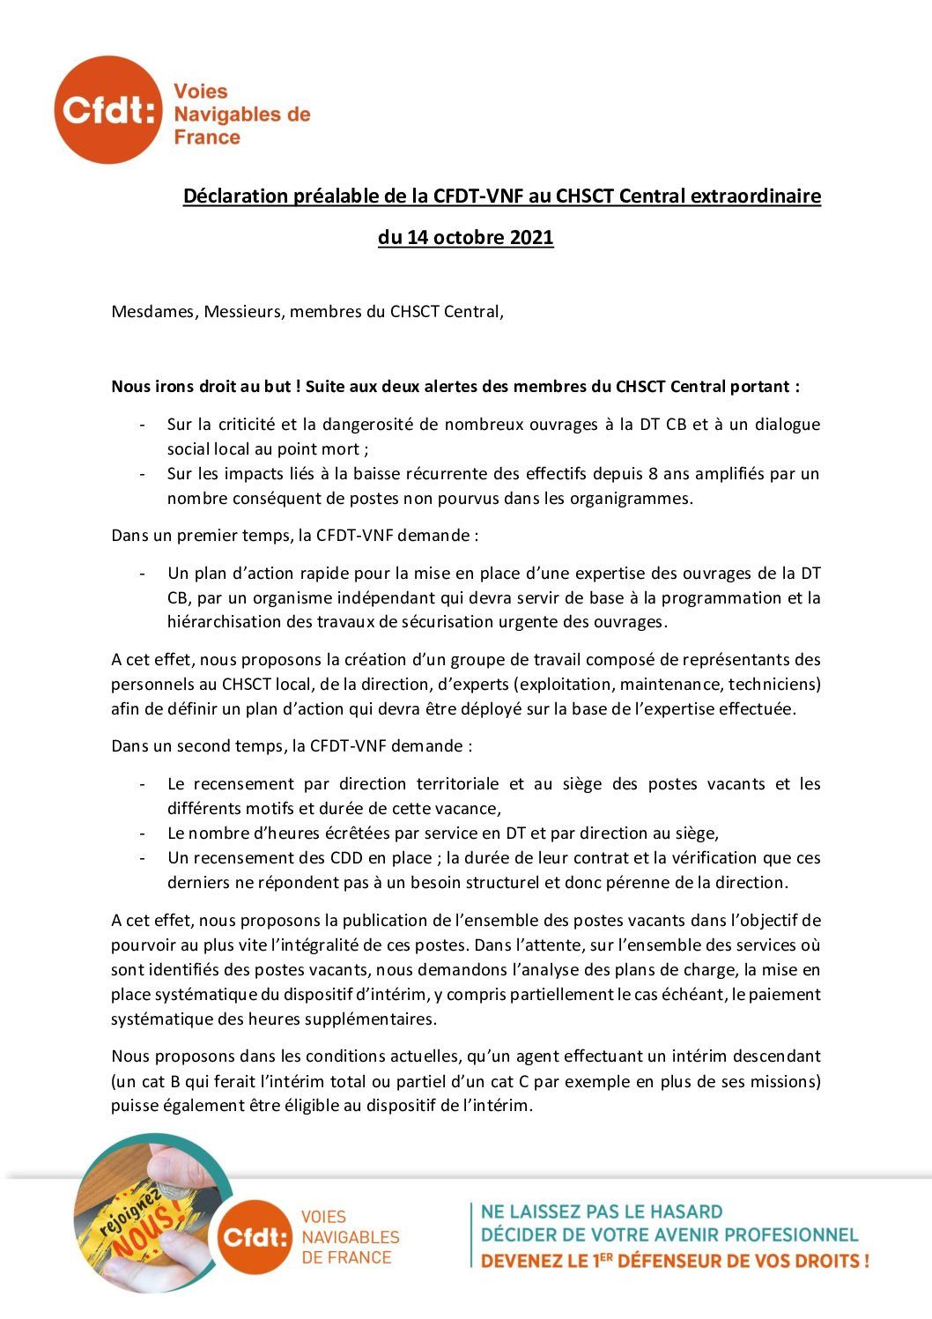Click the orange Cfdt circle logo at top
tap(107, 109)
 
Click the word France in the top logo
tap(207, 137)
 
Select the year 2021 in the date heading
tap(531, 238)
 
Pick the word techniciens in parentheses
tap(774, 685)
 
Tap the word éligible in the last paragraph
tap(314, 1106)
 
